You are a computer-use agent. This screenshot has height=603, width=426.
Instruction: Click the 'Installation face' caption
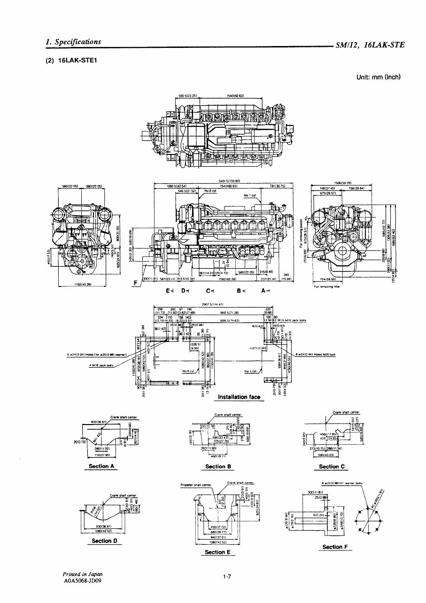click(x=239, y=397)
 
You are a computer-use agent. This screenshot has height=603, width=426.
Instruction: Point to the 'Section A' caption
click(x=102, y=466)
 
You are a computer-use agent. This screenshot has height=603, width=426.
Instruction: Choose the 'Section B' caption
click(x=216, y=466)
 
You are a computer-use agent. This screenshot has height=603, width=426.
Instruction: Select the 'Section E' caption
click(x=215, y=552)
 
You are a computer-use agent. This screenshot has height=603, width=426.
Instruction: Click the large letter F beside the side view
click(x=136, y=283)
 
